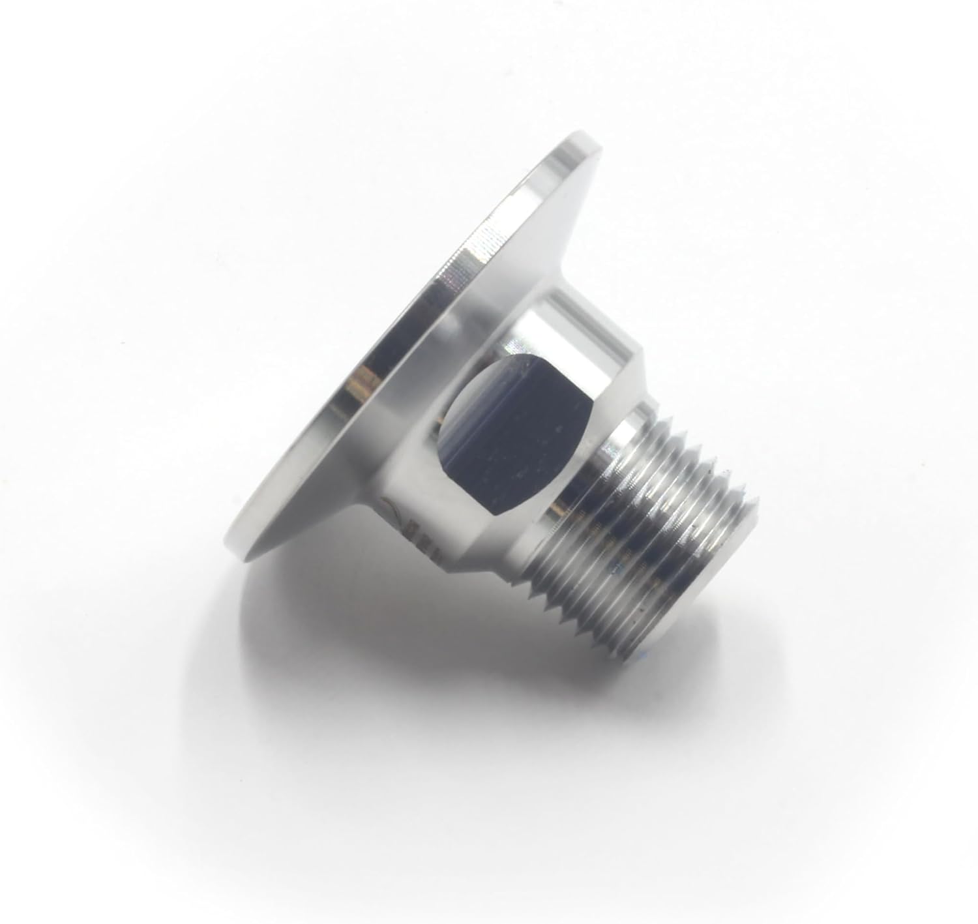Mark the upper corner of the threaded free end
[760, 502]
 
